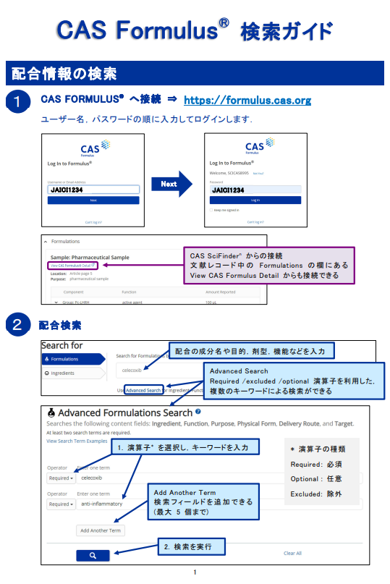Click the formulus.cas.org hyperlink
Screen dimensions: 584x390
(247, 100)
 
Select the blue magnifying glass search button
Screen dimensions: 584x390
(93, 555)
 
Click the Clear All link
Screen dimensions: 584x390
(292, 553)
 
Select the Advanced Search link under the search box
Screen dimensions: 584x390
(143, 390)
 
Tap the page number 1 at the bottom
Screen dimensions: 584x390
(195, 573)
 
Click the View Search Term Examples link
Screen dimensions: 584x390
(77, 441)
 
